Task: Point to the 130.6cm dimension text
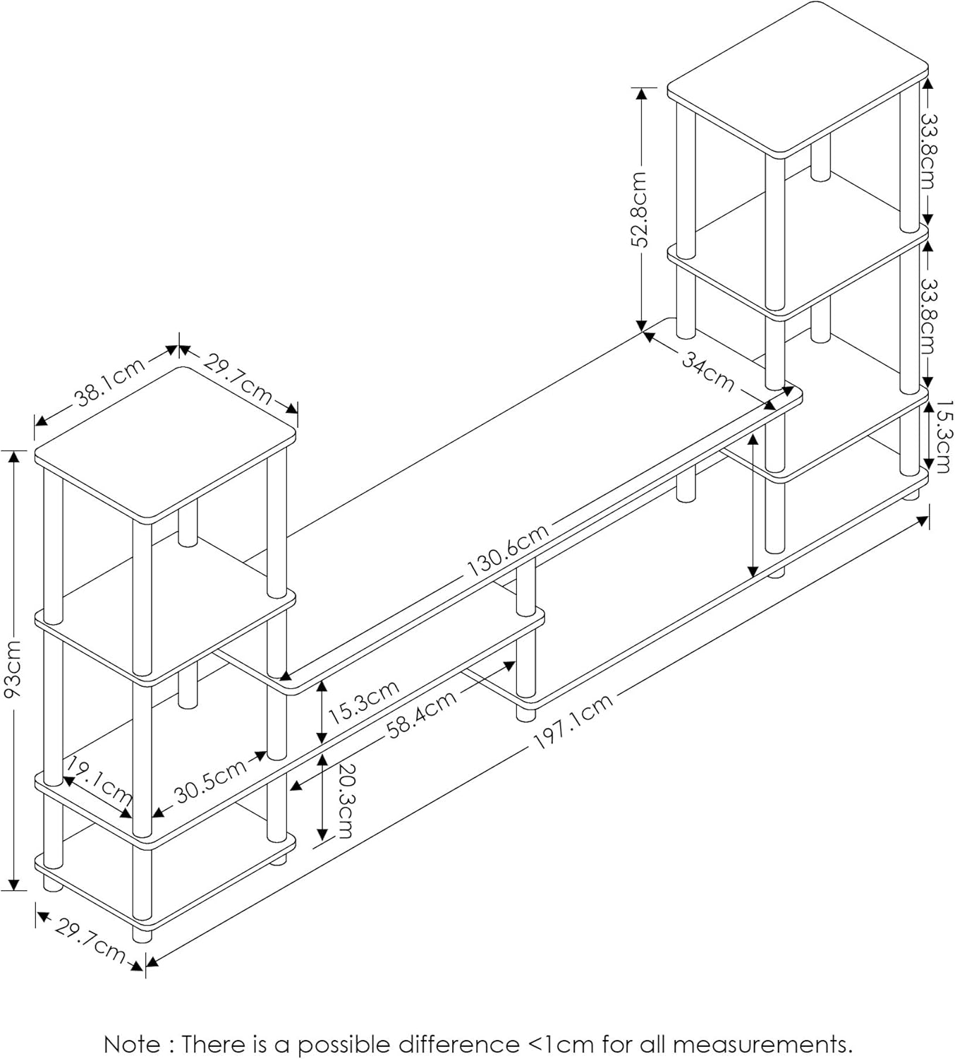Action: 507,551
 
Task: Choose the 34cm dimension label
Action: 707,371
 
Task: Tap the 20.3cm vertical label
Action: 343,801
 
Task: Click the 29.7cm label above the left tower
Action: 238,378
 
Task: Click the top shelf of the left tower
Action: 165,445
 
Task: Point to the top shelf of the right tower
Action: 797,76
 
